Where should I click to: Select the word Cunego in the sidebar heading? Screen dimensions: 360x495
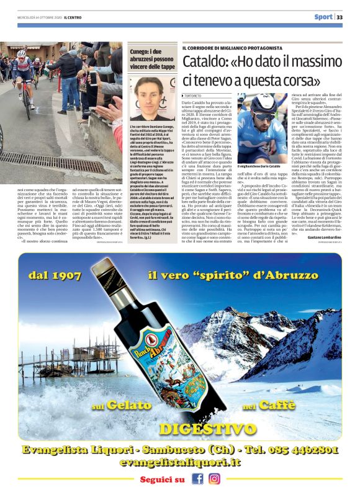(x=141, y=49)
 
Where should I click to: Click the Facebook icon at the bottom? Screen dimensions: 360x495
(x=198, y=479)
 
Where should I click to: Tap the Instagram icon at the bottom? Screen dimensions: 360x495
(x=214, y=479)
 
